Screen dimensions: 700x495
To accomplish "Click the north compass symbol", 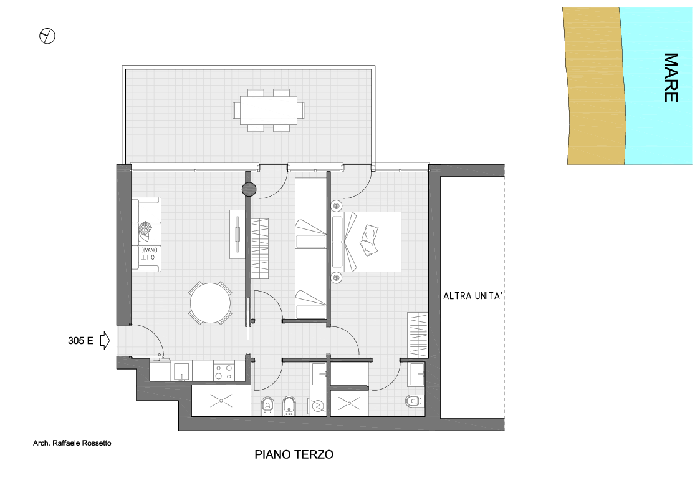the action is [47, 36].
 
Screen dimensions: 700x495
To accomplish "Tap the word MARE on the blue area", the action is [671, 77].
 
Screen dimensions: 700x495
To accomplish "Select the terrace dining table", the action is [268, 110].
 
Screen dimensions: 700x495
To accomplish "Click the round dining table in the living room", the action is [210, 303].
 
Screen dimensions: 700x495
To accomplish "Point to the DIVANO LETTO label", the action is [148, 253].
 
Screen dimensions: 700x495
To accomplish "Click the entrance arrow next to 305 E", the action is [105, 340].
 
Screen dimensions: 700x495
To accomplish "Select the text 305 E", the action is [80, 341].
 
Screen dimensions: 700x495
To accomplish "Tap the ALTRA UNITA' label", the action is [472, 296].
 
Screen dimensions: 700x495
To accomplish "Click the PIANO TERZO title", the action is [294, 454].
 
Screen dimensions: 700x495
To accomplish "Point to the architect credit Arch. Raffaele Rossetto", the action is [72, 443].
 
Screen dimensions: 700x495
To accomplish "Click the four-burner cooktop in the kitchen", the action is [224, 371].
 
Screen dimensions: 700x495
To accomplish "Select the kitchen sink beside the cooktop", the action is [181, 371].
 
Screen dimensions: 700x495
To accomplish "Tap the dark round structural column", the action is [249, 190].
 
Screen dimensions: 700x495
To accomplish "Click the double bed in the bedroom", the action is [366, 242].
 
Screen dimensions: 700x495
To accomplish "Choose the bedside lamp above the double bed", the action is [337, 206].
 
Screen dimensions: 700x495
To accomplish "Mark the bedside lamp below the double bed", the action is [337, 278].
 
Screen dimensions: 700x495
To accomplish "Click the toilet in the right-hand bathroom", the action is [414, 401].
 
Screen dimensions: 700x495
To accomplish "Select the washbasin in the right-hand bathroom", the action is [416, 374].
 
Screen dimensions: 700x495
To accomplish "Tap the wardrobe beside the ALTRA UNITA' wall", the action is [418, 335].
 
